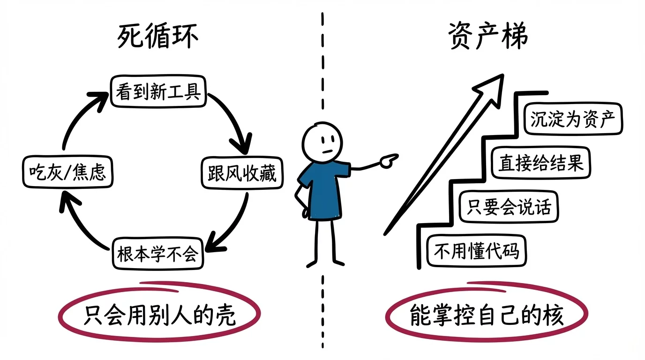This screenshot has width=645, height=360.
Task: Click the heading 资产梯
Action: [487, 36]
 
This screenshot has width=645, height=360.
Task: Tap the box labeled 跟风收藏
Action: [242, 173]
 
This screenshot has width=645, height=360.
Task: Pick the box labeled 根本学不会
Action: [158, 254]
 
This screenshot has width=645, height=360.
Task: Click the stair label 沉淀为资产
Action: [572, 119]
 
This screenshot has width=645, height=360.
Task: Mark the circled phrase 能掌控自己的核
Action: [486, 315]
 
